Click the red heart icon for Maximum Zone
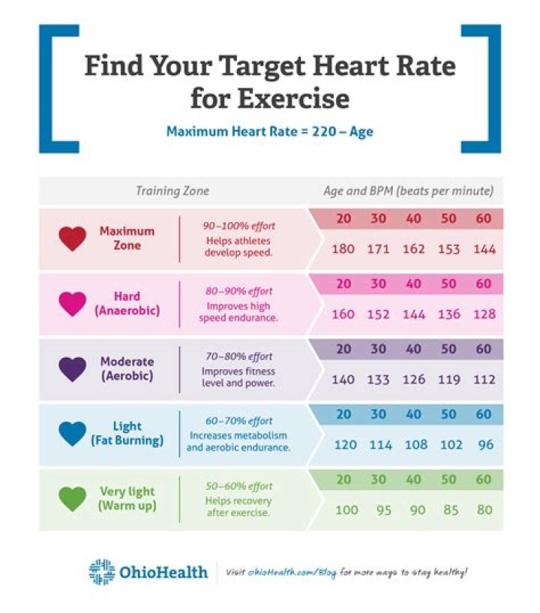(x=73, y=239)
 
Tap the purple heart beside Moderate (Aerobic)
(x=73, y=369)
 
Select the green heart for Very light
(x=73, y=499)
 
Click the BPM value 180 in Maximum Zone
(x=343, y=249)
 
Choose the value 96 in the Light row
(x=485, y=445)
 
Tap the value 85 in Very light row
(x=451, y=510)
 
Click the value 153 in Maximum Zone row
(x=449, y=249)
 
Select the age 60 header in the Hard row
(x=484, y=284)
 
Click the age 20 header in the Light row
(x=343, y=415)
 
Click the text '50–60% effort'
(x=238, y=486)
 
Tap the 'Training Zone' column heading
(x=172, y=191)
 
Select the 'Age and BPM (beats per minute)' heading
(x=409, y=191)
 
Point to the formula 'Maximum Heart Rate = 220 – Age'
(x=270, y=131)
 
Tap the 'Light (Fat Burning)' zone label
(x=127, y=434)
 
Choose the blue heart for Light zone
(x=73, y=434)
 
